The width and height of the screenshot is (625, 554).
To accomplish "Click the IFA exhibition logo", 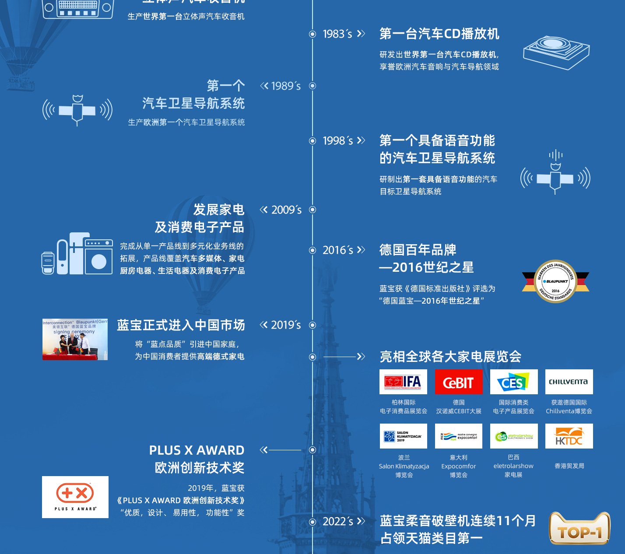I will (403, 382).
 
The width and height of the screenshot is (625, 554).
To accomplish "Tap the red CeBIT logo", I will (458, 382).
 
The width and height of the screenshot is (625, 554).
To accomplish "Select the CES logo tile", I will (513, 382).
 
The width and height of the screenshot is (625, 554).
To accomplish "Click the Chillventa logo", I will (569, 382).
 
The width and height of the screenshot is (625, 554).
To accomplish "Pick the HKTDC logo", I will (569, 436).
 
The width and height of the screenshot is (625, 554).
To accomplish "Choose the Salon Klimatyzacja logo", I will (403, 436).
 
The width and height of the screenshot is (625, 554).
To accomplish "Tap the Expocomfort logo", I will (458, 436).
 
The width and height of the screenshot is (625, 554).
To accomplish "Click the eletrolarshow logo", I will (513, 436).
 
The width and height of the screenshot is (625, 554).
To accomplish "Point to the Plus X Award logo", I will (75, 497).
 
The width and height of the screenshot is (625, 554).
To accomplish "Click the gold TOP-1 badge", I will (579, 529).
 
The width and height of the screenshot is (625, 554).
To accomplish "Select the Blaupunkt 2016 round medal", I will (555, 281).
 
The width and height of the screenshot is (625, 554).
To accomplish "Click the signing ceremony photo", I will (75, 340).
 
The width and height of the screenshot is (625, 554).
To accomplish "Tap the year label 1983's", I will (337, 34).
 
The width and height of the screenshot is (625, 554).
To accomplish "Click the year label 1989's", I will (286, 86).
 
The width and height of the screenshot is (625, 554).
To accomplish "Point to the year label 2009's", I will (286, 210).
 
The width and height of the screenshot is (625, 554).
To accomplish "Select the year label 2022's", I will (337, 522).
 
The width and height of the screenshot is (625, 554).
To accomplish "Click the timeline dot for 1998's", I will (312, 141).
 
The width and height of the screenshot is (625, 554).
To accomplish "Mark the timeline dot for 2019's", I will (312, 325).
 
